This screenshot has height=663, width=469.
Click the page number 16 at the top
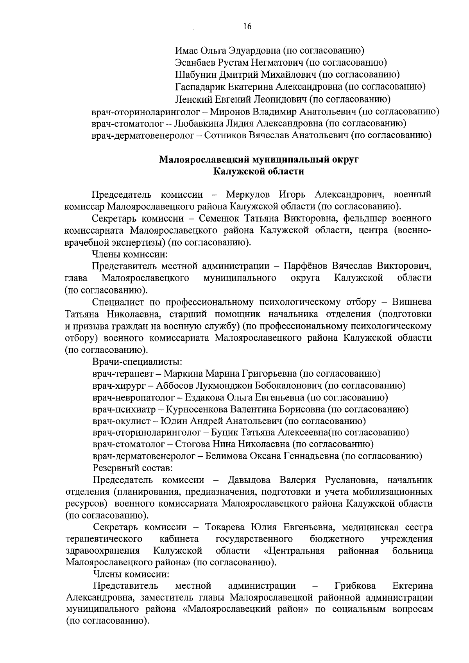247,27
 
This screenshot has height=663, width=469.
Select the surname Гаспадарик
198,86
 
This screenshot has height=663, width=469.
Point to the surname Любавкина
198,124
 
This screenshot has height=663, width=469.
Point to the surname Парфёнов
306,266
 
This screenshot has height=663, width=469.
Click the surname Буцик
225,432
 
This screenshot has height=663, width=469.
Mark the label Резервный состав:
132,468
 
